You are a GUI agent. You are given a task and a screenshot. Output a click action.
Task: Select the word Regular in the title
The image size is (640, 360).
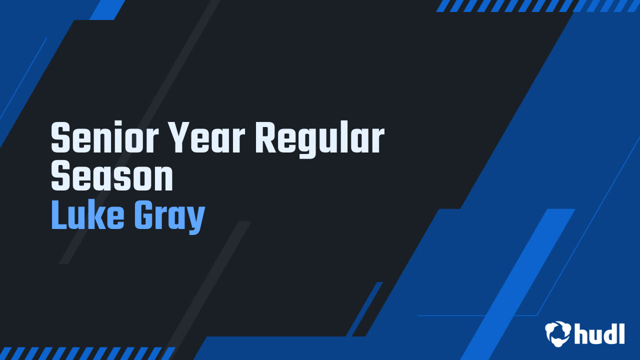320,140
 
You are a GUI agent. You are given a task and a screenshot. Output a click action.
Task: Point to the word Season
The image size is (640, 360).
112,177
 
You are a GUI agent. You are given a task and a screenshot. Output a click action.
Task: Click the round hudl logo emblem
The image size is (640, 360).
558,333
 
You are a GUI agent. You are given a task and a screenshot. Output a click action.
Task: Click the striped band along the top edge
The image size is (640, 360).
537,5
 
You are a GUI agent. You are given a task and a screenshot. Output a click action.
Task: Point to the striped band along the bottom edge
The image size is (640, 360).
87,353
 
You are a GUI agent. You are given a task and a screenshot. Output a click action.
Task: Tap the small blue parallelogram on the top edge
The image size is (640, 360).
107,9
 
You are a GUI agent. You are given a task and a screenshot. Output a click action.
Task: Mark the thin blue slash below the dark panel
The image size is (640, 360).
364,309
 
